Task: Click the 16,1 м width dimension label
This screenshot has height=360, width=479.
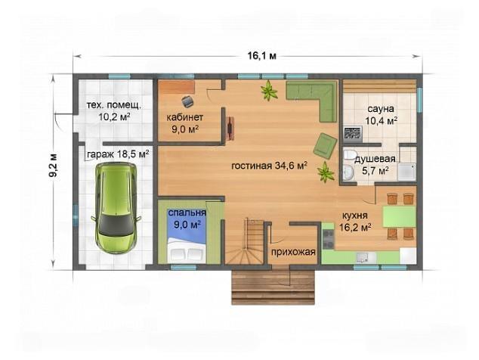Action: click(262, 56)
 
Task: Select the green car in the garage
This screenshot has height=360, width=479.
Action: click(116, 207)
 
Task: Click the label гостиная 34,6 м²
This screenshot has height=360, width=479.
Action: click(269, 166)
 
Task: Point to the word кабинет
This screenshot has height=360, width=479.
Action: click(185, 117)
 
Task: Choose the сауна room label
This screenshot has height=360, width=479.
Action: click(381, 109)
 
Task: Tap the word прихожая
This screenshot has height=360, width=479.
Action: click(293, 252)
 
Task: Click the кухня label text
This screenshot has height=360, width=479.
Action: click(354, 216)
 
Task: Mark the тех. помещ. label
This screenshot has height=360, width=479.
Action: click(114, 106)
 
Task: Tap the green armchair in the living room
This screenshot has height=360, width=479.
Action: click(326, 146)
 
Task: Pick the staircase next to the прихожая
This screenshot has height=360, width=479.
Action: click(245, 241)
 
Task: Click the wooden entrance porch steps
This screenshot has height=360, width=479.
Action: click(273, 287)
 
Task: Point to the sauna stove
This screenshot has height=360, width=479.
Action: click(353, 135)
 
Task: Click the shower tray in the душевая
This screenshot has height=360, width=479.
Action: click(406, 172)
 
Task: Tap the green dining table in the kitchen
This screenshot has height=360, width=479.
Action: click(399, 216)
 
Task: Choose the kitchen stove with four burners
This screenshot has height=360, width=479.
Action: click(329, 239)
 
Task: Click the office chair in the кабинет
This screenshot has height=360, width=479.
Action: click(187, 101)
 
